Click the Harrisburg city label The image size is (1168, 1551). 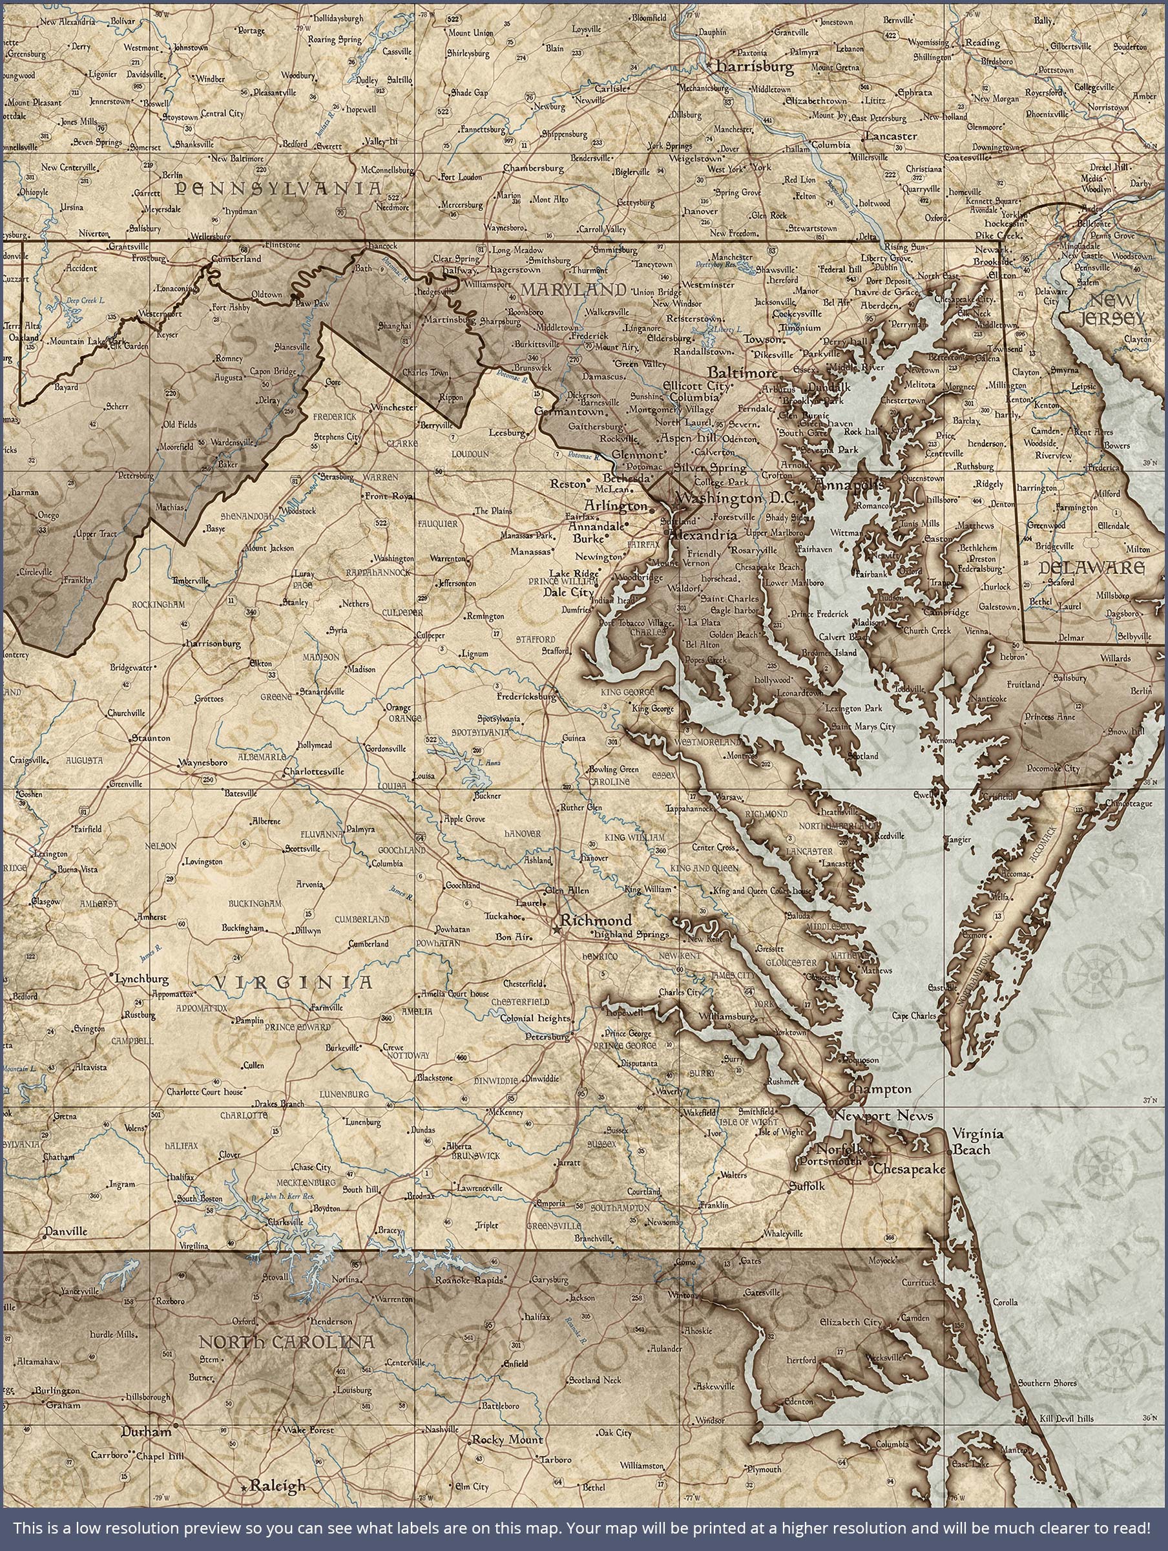pyautogui.click(x=754, y=67)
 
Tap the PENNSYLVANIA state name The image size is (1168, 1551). pyautogui.click(x=279, y=188)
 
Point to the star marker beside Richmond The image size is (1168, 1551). pyautogui.click(x=557, y=930)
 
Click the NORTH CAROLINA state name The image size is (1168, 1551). pyautogui.click(x=286, y=1343)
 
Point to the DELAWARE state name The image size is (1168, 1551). pyautogui.click(x=1092, y=567)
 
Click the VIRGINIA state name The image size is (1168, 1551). pyautogui.click(x=293, y=982)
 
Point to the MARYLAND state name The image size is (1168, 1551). pyautogui.click(x=573, y=289)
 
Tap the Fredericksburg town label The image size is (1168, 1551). pyautogui.click(x=526, y=697)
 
